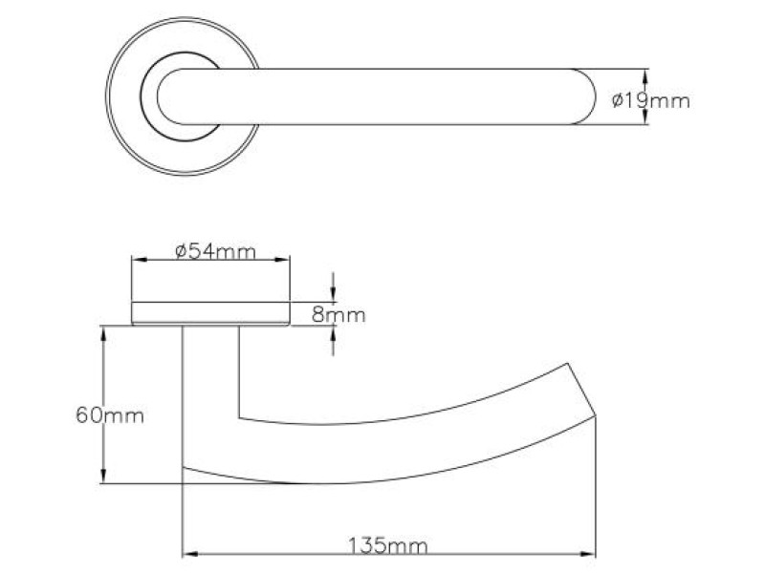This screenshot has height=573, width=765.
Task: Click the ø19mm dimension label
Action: pos(649,99)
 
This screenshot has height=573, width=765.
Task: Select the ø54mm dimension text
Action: pos(216,251)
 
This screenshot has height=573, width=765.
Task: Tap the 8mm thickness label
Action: pos(339,314)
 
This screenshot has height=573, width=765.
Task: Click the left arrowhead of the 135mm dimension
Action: pos(188,553)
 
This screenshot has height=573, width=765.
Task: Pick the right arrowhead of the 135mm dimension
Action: pos(589,553)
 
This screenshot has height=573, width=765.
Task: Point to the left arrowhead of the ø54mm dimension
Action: pos(137,259)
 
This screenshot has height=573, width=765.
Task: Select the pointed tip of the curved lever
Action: pos(595,414)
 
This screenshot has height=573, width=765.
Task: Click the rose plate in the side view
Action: pos(210,313)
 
